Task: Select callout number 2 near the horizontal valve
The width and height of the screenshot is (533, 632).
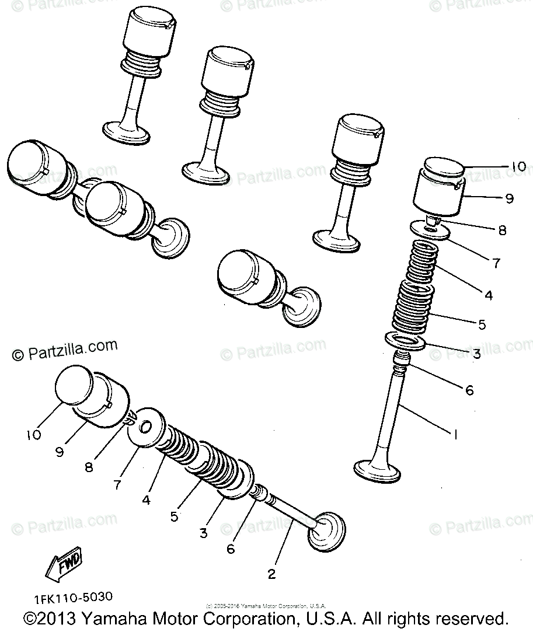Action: [x=271, y=574]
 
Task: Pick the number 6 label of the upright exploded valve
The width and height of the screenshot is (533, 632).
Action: [x=469, y=390]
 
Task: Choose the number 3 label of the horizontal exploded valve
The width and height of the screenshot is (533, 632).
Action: [x=203, y=532]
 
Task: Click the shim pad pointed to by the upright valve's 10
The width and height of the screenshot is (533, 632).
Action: [x=444, y=166]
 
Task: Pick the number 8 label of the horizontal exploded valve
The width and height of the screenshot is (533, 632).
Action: [x=89, y=467]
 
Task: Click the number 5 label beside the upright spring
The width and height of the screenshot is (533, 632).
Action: [x=482, y=324]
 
